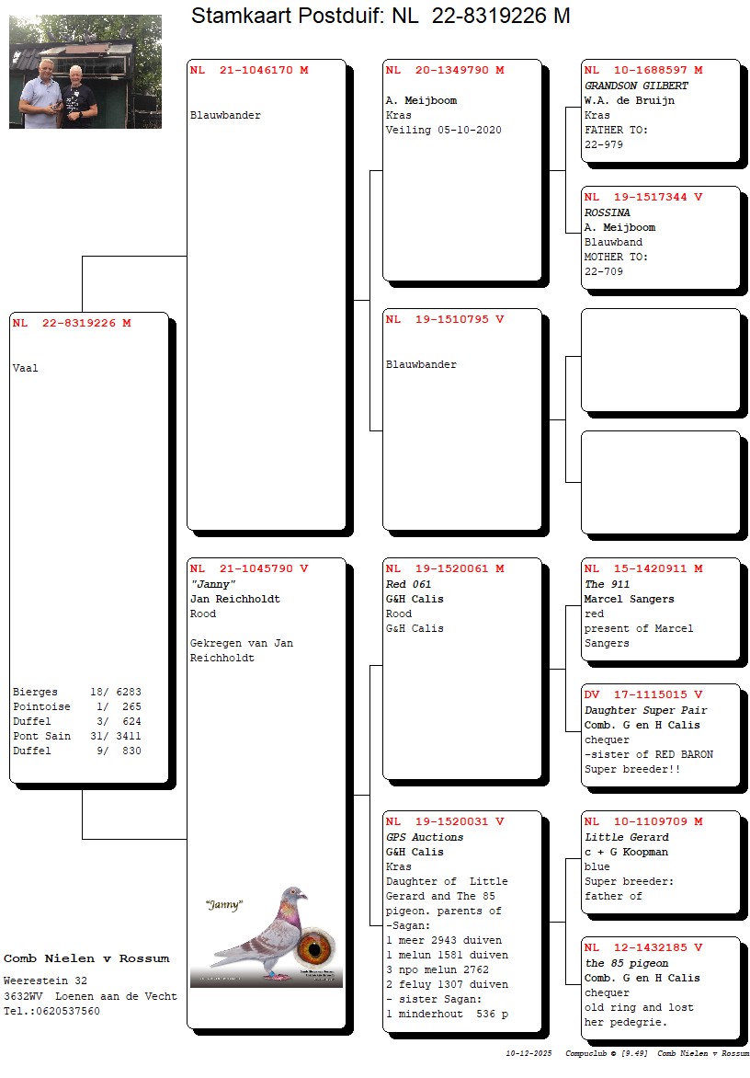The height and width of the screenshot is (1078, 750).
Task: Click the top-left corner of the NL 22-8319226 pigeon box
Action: pyautogui.click(x=9, y=313)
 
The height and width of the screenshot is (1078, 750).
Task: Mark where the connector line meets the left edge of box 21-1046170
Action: pyautogui.click(x=187, y=257)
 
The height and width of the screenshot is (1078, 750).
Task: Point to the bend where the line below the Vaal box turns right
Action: pyautogui.click(x=83, y=839)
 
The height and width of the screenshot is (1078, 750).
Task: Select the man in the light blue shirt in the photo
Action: pyautogui.click(x=40, y=94)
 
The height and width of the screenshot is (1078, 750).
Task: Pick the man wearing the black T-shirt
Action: pyautogui.click(x=79, y=97)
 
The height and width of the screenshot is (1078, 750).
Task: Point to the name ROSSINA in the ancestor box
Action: pyautogui.click(x=608, y=212)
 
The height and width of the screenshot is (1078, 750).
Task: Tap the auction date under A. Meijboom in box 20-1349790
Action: pyautogui.click(x=470, y=130)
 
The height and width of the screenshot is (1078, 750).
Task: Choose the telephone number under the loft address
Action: pyautogui.click(x=51, y=1011)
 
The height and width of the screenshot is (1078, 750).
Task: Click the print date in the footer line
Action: pyautogui.click(x=528, y=1053)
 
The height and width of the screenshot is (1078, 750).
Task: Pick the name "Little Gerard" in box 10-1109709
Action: pyautogui.click(x=626, y=837)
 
